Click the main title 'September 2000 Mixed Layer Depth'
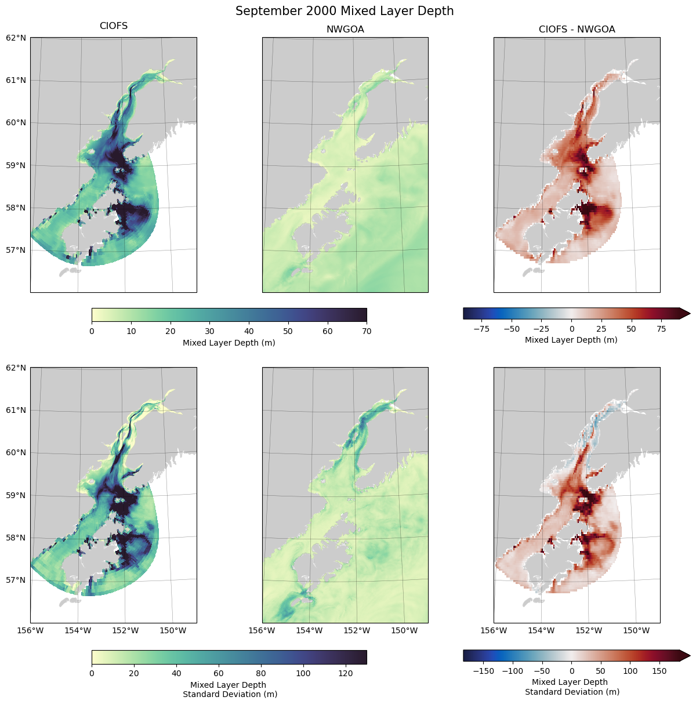coord(345,11)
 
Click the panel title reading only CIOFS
coord(114,26)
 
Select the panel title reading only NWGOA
coord(345,30)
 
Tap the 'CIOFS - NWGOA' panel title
coord(577,30)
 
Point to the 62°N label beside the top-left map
coord(16,38)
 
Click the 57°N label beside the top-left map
coord(16,251)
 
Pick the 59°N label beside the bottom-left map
coord(16,496)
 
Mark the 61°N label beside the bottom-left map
coord(16,411)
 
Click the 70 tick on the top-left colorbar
coord(367,331)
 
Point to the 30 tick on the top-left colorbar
coord(209,331)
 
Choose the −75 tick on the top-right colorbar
coord(481,329)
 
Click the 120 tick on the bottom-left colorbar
coord(346,673)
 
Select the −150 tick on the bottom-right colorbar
coord(484,671)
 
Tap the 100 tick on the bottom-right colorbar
coord(630,671)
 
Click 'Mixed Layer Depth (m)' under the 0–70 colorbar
coord(229,343)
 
